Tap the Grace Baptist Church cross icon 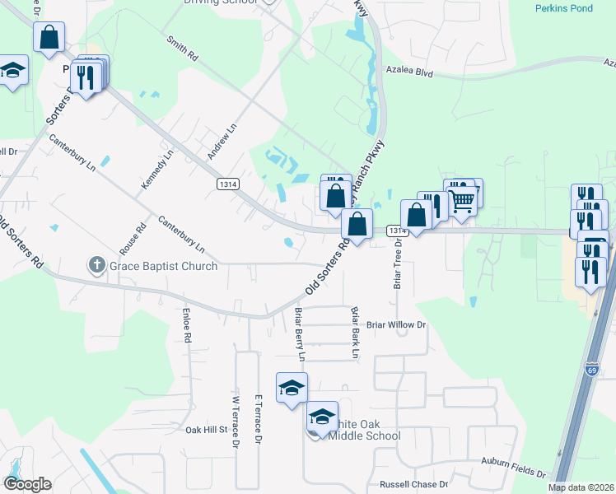point(96,265)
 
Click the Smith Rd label point(182,49)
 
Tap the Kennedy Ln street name point(157,170)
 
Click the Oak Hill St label point(206,430)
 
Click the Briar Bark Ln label point(356,333)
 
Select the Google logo point(26,484)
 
